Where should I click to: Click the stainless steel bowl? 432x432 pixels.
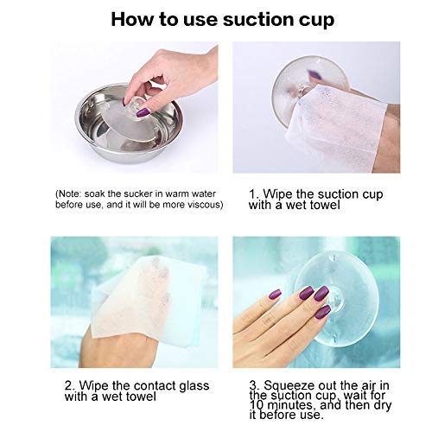(129, 124)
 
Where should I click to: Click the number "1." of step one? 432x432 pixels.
(254, 194)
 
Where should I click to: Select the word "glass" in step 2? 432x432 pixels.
(194, 386)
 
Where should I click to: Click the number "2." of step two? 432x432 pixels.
(70, 386)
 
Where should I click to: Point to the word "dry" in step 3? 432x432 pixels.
(383, 405)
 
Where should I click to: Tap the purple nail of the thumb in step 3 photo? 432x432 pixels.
(275, 295)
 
